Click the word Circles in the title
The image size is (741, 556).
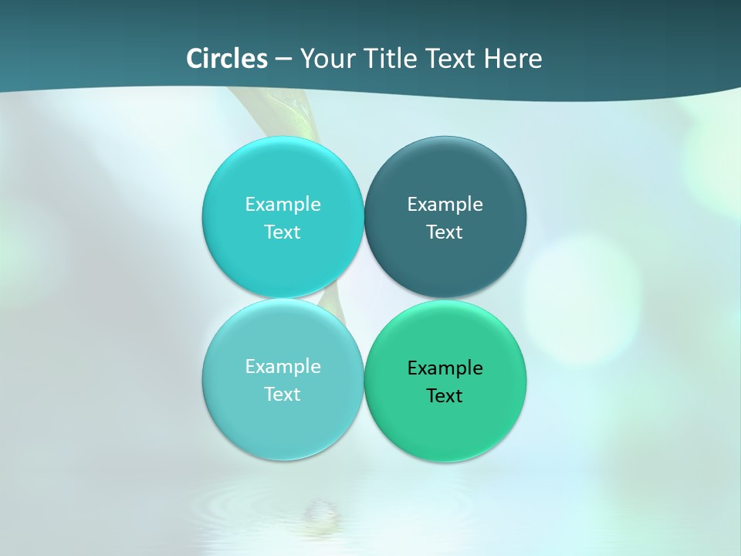227,59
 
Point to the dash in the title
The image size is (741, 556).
283,59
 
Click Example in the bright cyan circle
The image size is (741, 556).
283,204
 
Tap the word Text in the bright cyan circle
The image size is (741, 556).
283,232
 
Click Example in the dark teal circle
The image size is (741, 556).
445,204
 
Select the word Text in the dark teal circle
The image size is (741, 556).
445,232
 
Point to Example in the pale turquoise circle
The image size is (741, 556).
283,366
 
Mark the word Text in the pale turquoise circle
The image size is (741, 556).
283,394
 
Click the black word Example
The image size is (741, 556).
445,368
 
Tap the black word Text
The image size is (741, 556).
445,395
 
